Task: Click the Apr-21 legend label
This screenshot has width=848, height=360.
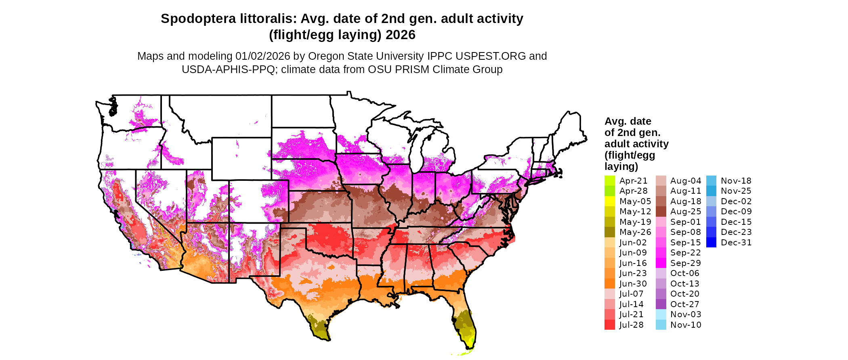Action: [633, 181]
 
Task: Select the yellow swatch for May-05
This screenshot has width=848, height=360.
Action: [610, 201]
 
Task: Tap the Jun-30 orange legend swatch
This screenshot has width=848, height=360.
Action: [610, 284]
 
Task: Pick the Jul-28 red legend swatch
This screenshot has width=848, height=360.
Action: [610, 325]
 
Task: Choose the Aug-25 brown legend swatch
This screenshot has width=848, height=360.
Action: [661, 211]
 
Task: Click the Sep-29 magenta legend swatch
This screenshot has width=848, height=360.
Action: [661, 263]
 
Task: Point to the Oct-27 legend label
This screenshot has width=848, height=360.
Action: [684, 304]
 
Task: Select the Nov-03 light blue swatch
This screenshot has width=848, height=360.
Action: [661, 314]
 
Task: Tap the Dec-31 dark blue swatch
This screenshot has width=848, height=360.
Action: [712, 243]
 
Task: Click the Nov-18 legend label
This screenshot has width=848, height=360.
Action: [736, 181]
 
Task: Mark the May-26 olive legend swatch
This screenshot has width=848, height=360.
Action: [610, 232]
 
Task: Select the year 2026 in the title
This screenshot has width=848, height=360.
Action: [400, 35]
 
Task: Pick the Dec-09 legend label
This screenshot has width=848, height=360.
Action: [736, 211]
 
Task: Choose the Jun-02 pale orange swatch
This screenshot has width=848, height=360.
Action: [610, 243]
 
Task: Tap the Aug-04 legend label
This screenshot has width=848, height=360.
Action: [685, 181]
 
